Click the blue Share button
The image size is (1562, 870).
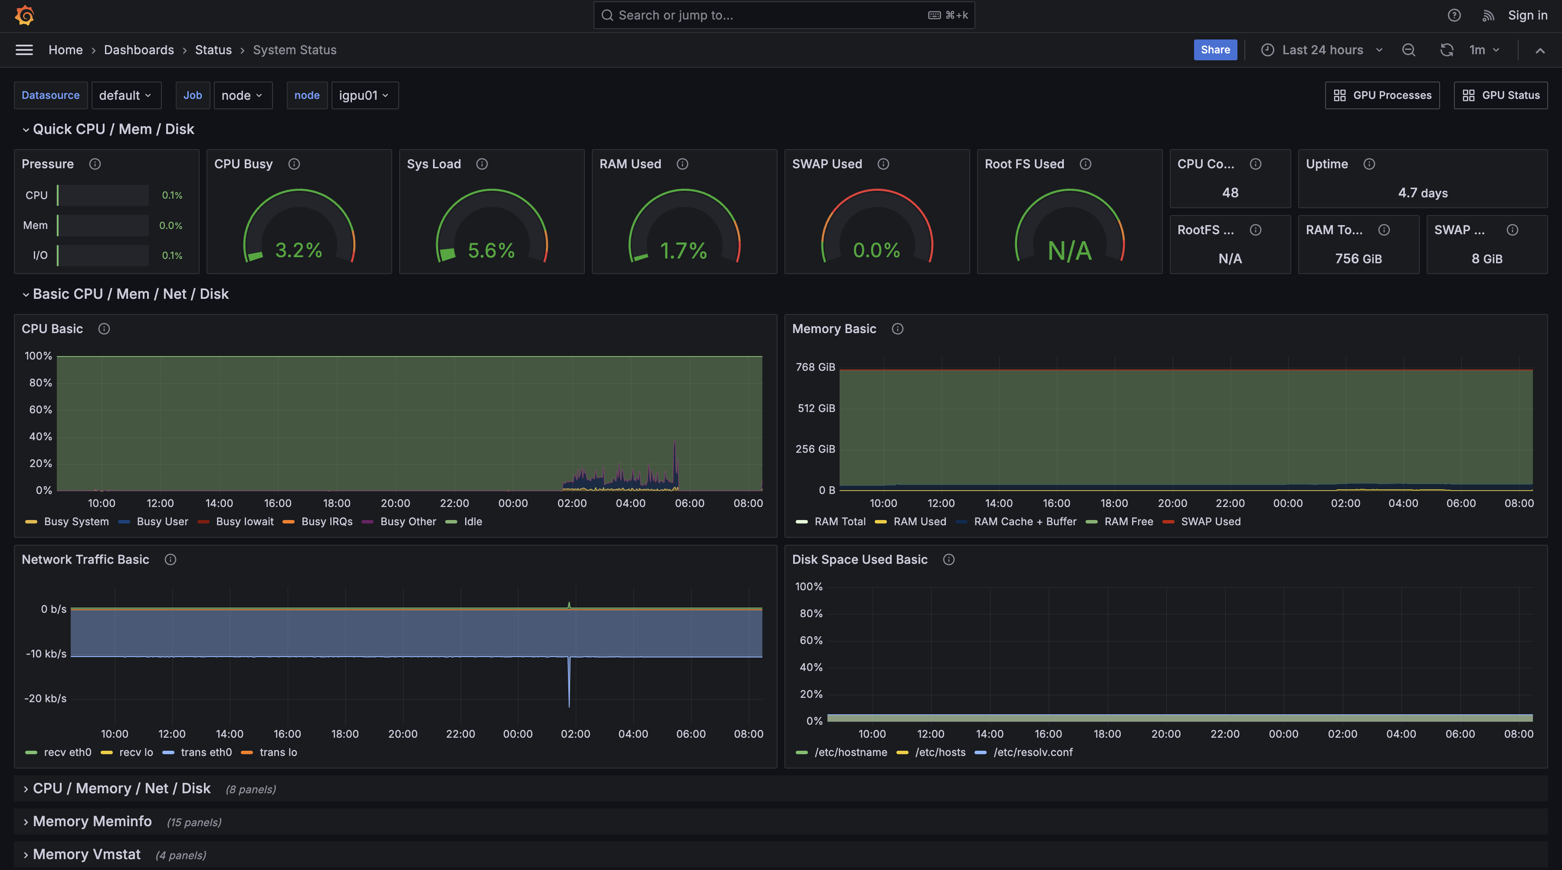1215,50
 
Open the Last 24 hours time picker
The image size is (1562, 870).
1322,50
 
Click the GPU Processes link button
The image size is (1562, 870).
1382,95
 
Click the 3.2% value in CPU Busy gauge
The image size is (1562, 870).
299,250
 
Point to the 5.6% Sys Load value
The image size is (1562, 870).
491,250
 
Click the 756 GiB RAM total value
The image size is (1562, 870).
1358,259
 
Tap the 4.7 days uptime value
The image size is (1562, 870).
1423,193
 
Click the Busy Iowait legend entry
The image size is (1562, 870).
244,521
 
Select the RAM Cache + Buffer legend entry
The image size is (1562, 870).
1025,521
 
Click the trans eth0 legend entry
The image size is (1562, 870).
206,752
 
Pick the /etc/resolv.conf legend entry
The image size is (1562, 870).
1033,752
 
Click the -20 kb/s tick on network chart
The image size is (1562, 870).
46,698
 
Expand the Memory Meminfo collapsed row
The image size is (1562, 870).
92,821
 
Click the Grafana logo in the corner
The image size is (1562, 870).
24,15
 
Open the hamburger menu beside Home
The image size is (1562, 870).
24,50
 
